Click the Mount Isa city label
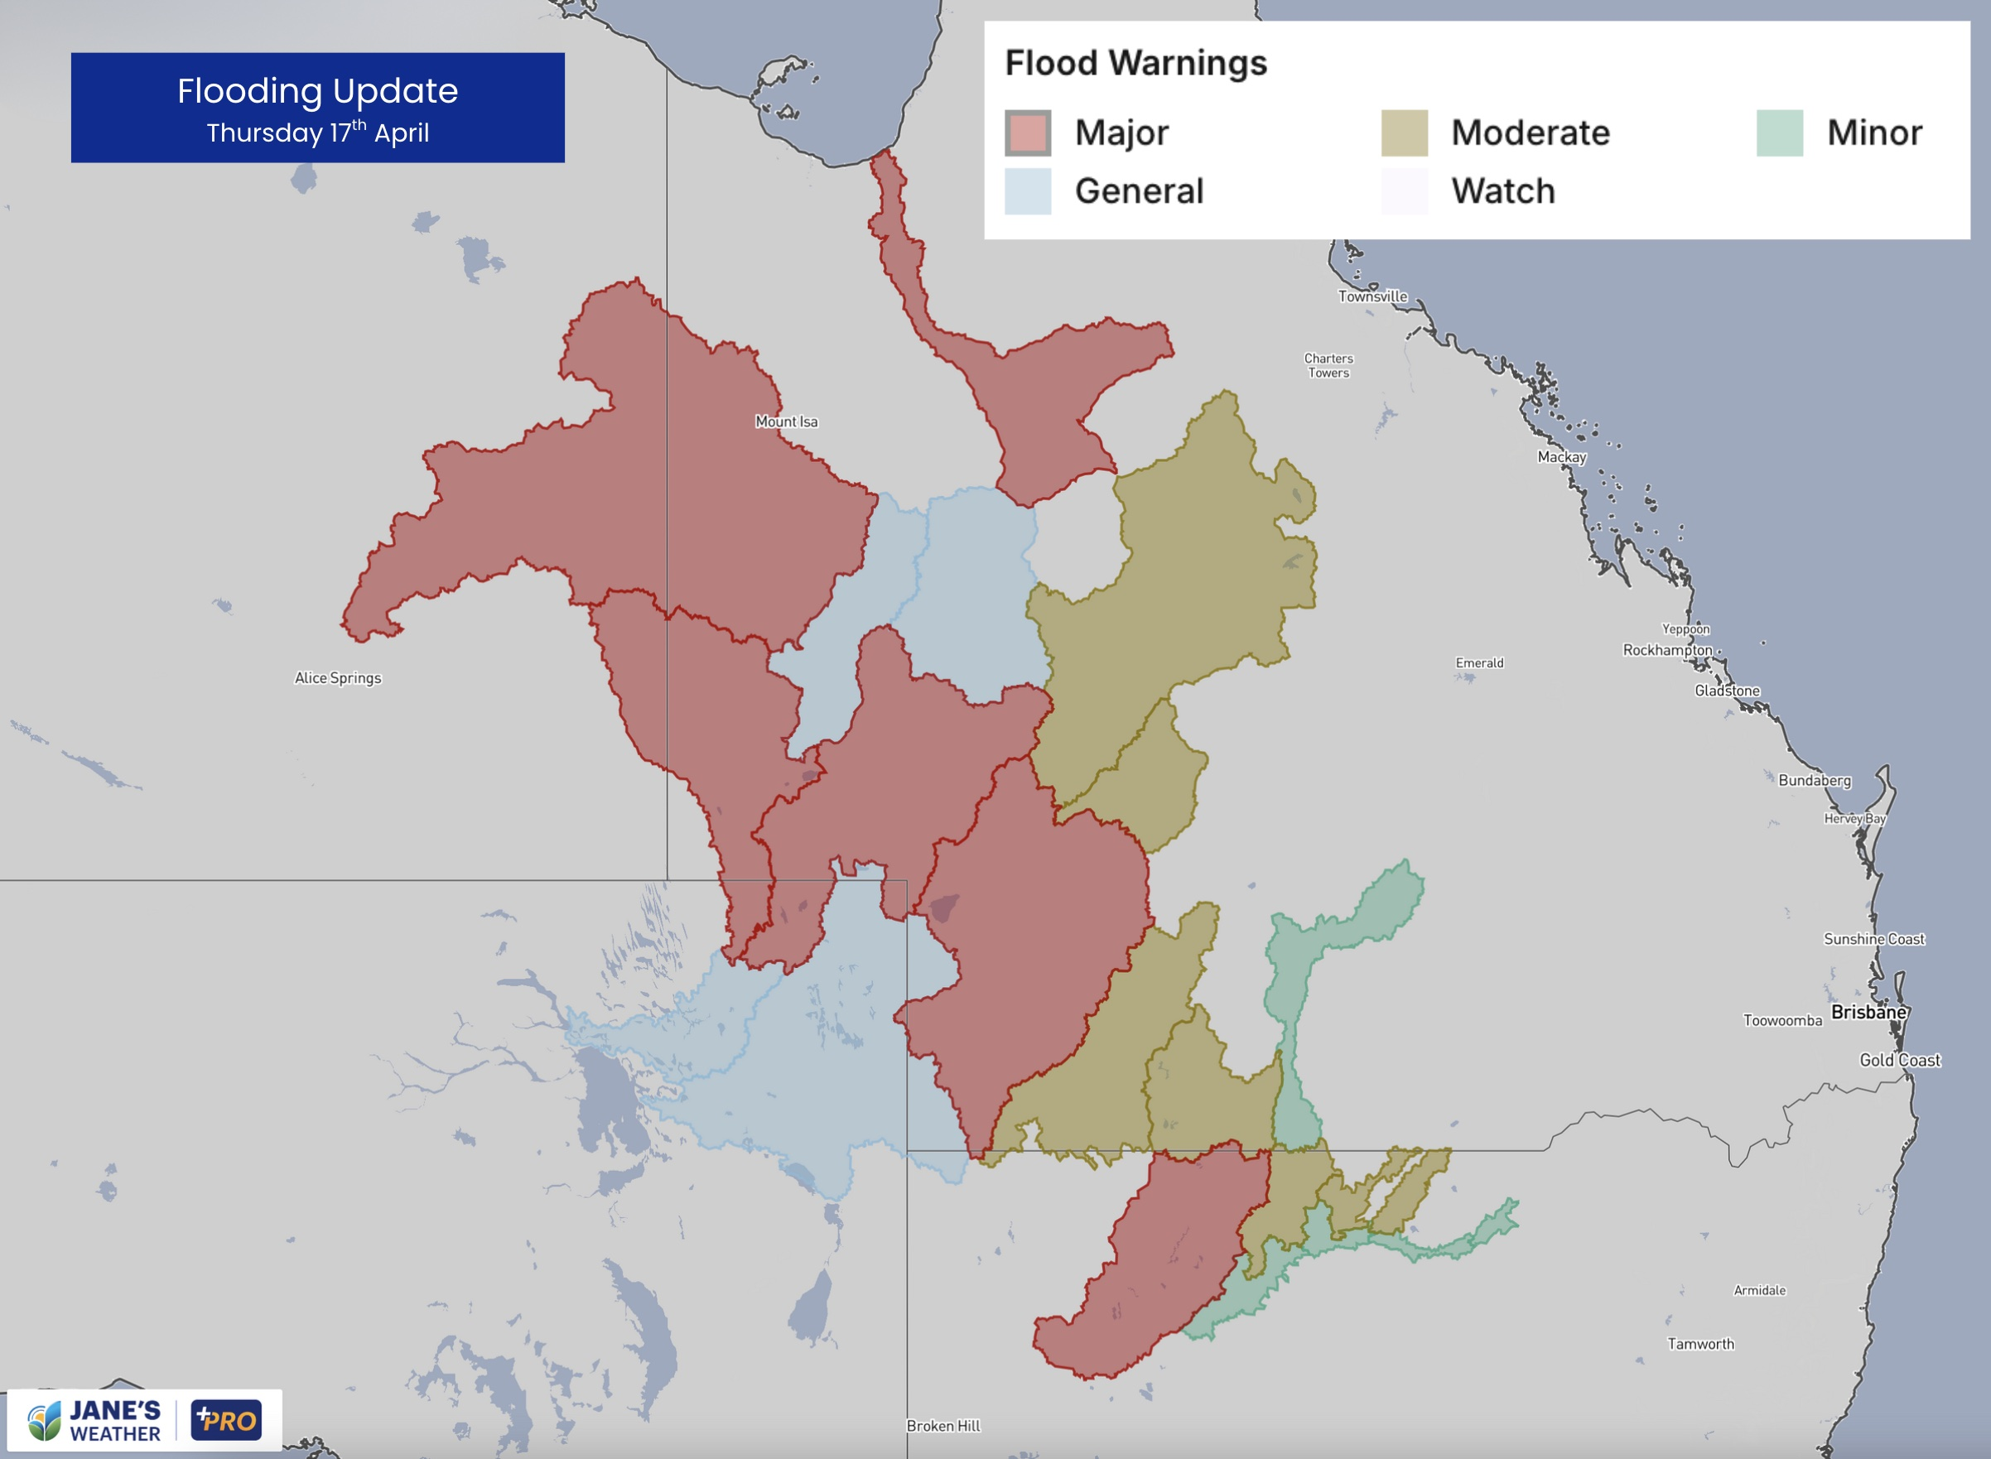tap(786, 422)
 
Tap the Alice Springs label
tap(337, 678)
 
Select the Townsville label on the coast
tap(1372, 296)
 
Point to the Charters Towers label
tap(1328, 366)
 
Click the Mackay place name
tap(1562, 457)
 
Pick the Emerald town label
tap(1478, 663)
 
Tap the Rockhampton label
tap(1667, 650)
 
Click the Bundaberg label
tap(1815, 781)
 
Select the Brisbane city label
tap(1868, 1012)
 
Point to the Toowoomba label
tap(1781, 1021)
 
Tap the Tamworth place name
tap(1700, 1344)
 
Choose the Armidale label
tap(1758, 1290)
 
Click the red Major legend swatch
tap(1027, 133)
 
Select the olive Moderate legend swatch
tap(1404, 133)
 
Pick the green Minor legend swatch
tap(1779, 133)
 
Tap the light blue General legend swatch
tap(1027, 191)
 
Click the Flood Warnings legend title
tap(1135, 64)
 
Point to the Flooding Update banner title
tap(317, 91)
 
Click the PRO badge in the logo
tap(226, 1420)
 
